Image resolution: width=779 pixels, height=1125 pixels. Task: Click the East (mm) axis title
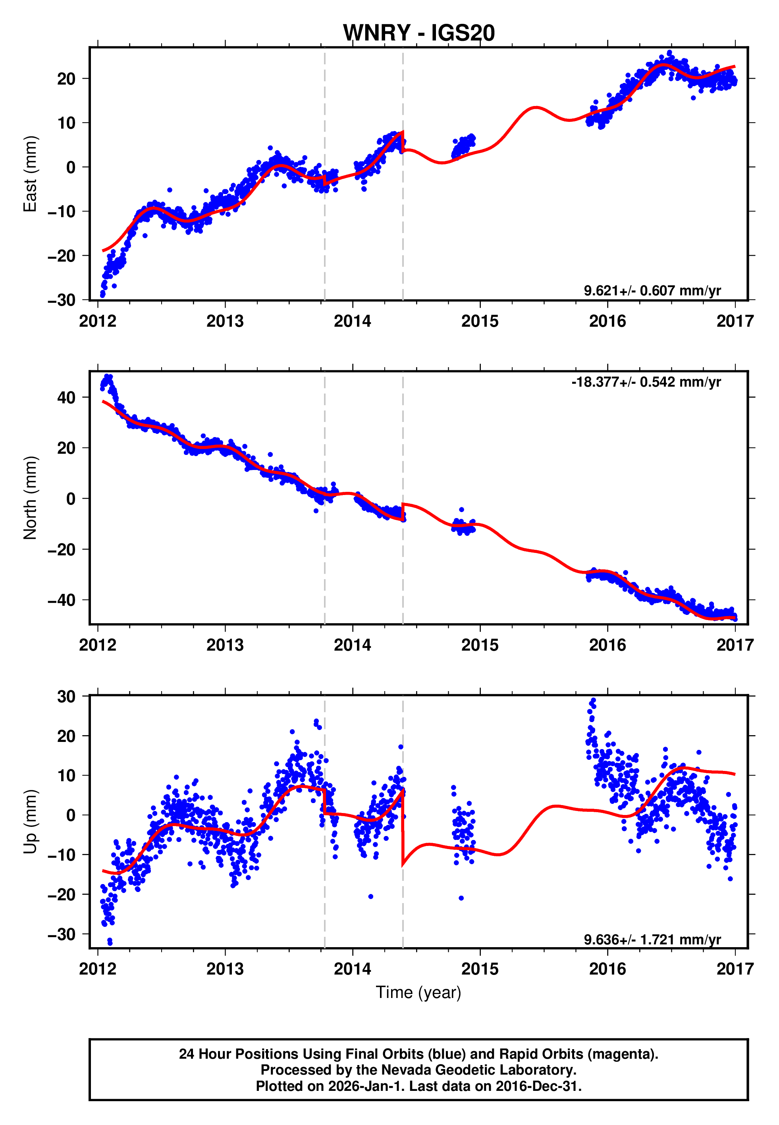(x=30, y=174)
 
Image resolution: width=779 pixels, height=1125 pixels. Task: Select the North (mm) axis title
(x=30, y=498)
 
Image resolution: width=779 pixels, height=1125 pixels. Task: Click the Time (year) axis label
(x=418, y=993)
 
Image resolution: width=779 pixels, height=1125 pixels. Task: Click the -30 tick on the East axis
(x=62, y=300)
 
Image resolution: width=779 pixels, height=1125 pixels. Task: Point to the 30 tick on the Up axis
(x=66, y=697)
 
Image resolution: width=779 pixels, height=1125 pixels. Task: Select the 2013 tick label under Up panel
(x=225, y=969)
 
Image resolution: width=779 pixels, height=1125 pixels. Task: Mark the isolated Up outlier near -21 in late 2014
(x=461, y=898)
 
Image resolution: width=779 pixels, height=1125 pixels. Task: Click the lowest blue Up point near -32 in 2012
(x=110, y=943)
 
